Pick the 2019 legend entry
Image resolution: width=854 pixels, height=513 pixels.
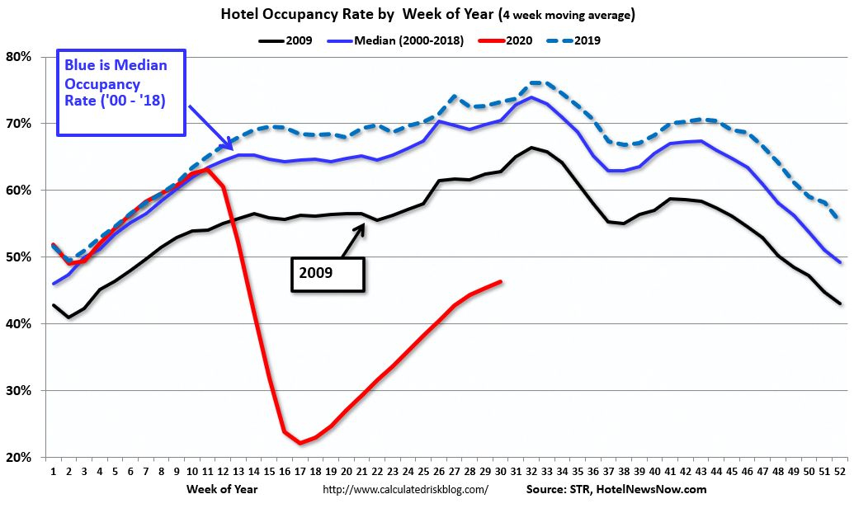[582, 39]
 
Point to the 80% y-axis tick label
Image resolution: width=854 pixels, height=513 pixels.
[18, 57]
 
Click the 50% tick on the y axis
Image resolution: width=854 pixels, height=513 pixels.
[18, 257]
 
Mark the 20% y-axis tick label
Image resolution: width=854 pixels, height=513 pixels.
[18, 457]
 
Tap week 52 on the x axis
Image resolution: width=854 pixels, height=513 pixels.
[840, 473]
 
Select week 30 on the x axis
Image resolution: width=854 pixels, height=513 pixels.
[501, 473]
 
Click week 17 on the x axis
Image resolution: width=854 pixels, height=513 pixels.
[300, 473]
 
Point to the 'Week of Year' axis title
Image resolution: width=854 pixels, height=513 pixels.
[220, 489]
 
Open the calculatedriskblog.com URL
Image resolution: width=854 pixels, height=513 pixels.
[405, 489]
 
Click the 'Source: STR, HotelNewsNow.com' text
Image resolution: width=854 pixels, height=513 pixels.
[616, 489]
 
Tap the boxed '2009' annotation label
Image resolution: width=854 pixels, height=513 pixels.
[327, 272]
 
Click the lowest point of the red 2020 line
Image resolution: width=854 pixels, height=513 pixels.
[300, 443]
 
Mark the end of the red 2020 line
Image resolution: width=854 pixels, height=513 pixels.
[501, 281]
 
